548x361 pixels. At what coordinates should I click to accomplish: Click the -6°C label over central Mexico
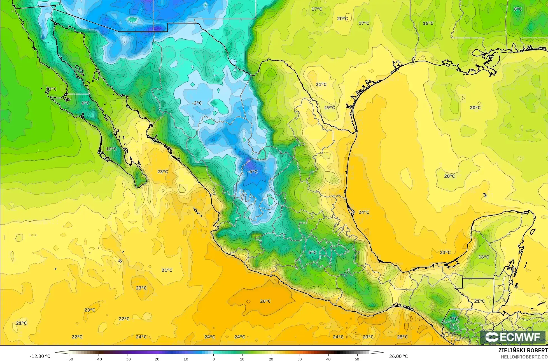(x=252, y=172)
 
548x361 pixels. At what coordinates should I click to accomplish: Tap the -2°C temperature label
(x=197, y=103)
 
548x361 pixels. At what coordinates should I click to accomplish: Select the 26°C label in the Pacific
(x=265, y=301)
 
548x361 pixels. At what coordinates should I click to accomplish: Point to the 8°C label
(x=518, y=9)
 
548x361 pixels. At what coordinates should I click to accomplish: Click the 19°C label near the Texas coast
(x=330, y=107)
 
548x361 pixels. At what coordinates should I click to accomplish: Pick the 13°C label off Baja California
(x=51, y=89)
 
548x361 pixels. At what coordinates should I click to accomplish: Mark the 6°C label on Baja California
(x=85, y=103)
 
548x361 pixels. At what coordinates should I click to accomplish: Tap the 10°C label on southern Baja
(x=111, y=149)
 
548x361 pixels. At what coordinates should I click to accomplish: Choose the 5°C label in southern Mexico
(x=313, y=252)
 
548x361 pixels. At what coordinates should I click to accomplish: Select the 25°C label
(x=402, y=337)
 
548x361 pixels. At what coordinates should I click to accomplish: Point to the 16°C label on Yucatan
(x=484, y=257)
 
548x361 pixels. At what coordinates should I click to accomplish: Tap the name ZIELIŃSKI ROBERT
(x=523, y=351)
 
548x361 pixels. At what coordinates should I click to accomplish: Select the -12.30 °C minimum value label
(x=40, y=356)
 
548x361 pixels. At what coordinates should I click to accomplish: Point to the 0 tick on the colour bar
(x=213, y=359)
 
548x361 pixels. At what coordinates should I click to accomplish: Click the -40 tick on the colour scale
(x=99, y=359)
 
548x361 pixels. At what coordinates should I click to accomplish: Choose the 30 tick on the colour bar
(x=299, y=359)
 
